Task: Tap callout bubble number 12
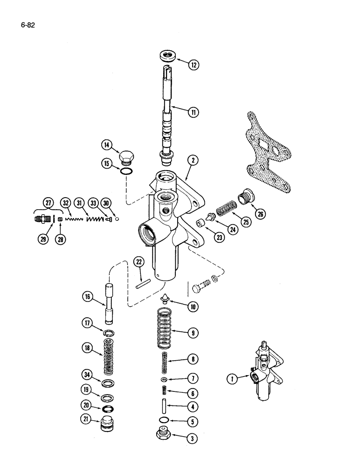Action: pos(194,65)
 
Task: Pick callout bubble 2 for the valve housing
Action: pos(194,161)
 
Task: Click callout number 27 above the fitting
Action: pos(48,203)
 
